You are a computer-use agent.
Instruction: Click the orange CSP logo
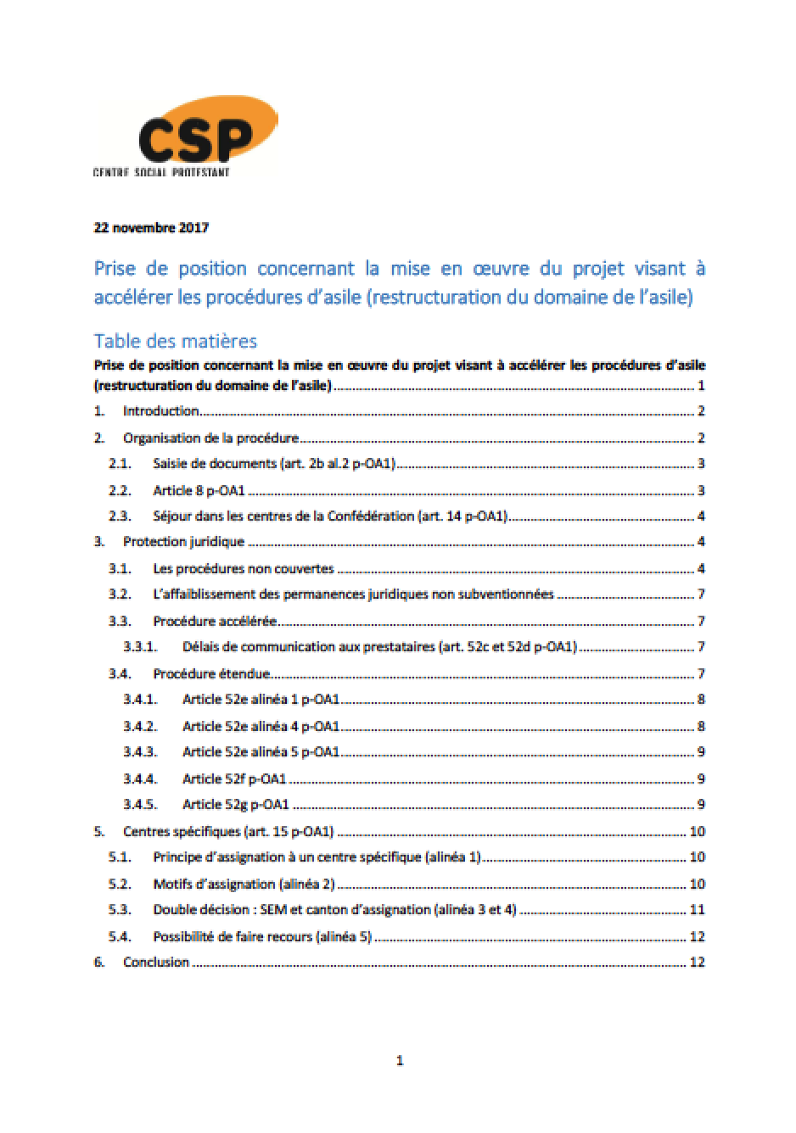pos(198,136)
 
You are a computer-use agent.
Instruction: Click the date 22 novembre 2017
pos(151,227)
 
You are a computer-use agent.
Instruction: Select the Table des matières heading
pos(175,341)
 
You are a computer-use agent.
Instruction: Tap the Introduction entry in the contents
pos(161,411)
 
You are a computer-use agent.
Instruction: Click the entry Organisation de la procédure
pos(210,438)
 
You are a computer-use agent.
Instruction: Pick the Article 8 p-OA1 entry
pos(199,490)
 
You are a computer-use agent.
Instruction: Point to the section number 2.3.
pos(120,516)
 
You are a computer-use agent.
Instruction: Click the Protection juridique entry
pos(183,542)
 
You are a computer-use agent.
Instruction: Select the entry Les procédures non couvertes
pos(244,569)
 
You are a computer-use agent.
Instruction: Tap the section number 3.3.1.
pos(140,647)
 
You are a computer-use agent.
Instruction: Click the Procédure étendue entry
pos(211,674)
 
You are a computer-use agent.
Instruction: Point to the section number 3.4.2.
pos(140,726)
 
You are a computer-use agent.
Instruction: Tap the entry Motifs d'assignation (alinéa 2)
pos(244,885)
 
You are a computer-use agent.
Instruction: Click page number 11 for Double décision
pos(698,910)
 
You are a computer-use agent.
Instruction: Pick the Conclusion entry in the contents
pos(156,963)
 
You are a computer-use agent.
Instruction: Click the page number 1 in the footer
pos(400,1060)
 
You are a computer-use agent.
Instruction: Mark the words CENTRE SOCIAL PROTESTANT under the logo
pos(161,173)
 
